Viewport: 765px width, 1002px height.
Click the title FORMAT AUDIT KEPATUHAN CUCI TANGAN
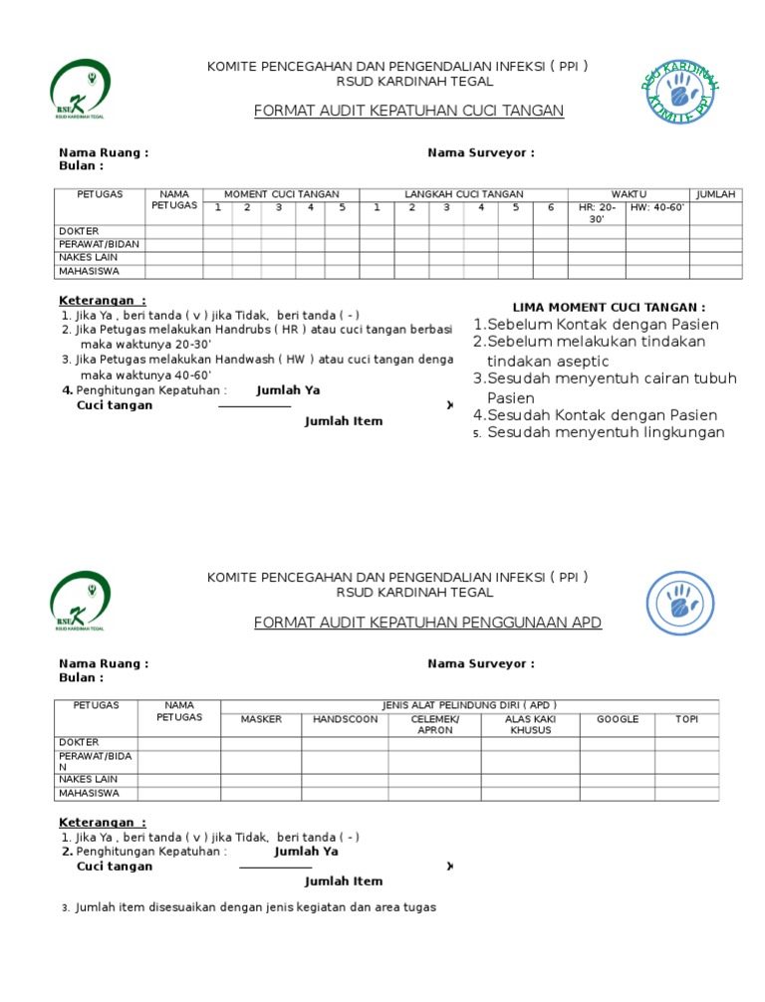coord(408,111)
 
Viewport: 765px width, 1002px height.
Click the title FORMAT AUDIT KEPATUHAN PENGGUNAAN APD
coord(427,623)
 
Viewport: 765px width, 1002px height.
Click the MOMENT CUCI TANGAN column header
coord(281,194)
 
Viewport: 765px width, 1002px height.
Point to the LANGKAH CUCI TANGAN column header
coord(463,194)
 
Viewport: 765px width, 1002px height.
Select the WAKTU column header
coord(629,194)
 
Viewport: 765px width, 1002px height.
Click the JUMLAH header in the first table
coord(715,194)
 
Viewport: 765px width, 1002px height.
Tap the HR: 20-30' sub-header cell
coord(597,213)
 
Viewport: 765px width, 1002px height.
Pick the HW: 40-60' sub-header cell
coord(657,208)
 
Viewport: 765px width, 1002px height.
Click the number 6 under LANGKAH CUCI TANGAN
coord(550,208)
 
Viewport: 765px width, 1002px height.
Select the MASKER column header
coord(261,719)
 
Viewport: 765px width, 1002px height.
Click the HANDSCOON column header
coord(345,719)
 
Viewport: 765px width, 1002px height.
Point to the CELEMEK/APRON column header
coord(434,724)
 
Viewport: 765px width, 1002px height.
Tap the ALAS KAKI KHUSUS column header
coord(530,724)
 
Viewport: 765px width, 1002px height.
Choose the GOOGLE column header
coord(618,719)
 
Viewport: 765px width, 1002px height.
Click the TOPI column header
coord(686,719)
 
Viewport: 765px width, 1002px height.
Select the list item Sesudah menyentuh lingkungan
coord(606,432)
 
